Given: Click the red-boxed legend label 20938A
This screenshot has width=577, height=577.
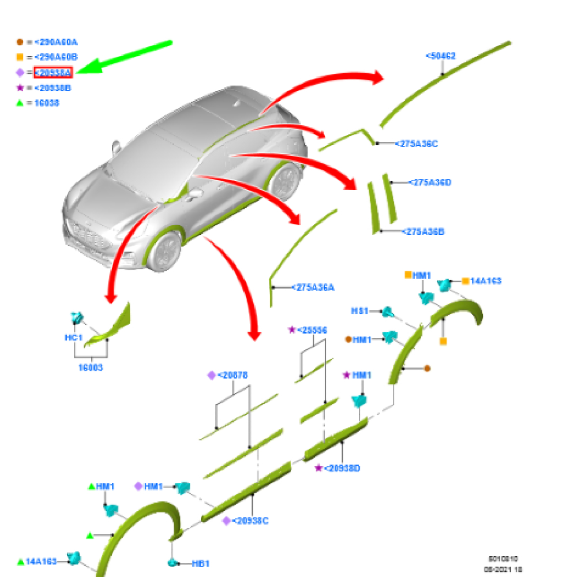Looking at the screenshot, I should click(x=53, y=73).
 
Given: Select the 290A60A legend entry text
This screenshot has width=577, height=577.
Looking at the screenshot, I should click(x=56, y=42).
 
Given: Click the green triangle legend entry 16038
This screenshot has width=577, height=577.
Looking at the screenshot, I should click(x=47, y=103).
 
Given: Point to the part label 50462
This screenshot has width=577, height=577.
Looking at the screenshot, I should click(x=441, y=56).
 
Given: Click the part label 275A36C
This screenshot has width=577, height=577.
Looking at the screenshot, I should click(x=416, y=144).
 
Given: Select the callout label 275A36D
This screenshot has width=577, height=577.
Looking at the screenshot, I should click(x=430, y=182).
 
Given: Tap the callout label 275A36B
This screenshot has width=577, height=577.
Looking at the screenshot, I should click(x=424, y=231).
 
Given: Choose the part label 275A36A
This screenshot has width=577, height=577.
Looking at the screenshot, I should click(x=313, y=287).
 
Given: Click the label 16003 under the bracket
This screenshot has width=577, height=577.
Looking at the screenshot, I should click(x=91, y=367).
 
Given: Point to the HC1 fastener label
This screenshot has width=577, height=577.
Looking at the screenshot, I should click(x=74, y=337).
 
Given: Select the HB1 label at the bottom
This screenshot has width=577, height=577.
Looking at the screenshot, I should click(x=200, y=563).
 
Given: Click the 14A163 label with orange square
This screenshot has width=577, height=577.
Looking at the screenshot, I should click(x=486, y=281).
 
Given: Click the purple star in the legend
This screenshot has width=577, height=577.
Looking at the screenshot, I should click(x=20, y=88).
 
